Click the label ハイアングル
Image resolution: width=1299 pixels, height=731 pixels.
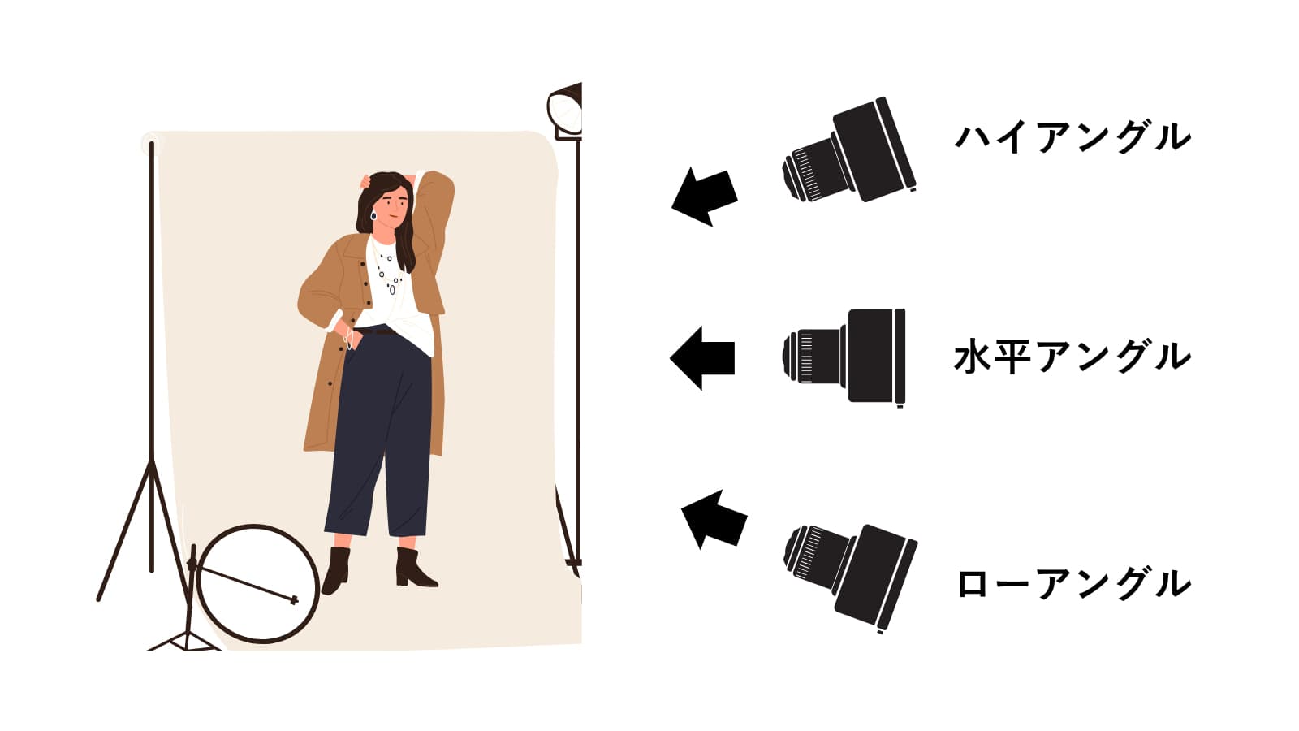1072,137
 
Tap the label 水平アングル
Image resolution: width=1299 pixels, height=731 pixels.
1072,357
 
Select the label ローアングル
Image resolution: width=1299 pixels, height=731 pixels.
1073,584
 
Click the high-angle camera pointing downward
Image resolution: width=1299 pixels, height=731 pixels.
849,150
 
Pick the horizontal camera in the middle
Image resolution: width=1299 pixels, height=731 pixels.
844,357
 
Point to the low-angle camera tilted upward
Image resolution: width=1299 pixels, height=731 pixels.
850,577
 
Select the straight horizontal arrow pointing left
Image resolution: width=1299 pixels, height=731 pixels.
702,358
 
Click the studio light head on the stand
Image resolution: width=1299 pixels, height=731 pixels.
565,111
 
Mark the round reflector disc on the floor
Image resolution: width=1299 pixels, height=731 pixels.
259,584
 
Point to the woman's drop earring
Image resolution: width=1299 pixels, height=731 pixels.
373,216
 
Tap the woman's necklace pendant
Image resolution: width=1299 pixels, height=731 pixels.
393,288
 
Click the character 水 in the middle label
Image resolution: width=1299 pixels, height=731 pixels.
973,357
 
